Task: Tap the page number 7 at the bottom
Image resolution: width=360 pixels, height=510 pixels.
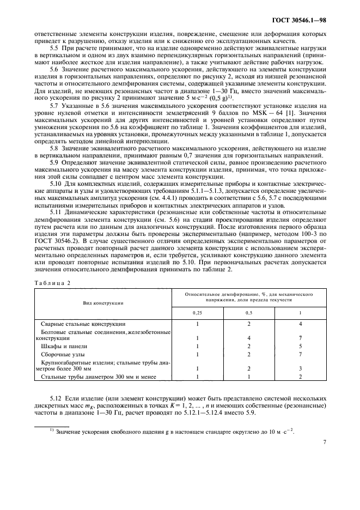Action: pos(324,442)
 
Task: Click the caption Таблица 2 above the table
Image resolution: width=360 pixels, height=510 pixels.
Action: pos(52,282)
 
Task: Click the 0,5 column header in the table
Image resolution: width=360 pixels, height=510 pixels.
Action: pos(248,312)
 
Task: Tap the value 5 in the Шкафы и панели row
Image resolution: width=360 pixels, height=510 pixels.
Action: pos(300,346)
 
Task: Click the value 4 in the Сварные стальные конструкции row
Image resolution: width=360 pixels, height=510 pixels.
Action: pos(300,324)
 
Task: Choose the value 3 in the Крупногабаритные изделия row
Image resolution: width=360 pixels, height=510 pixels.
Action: pos(300,369)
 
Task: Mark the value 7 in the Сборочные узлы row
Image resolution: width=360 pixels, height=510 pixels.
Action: pos(300,354)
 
